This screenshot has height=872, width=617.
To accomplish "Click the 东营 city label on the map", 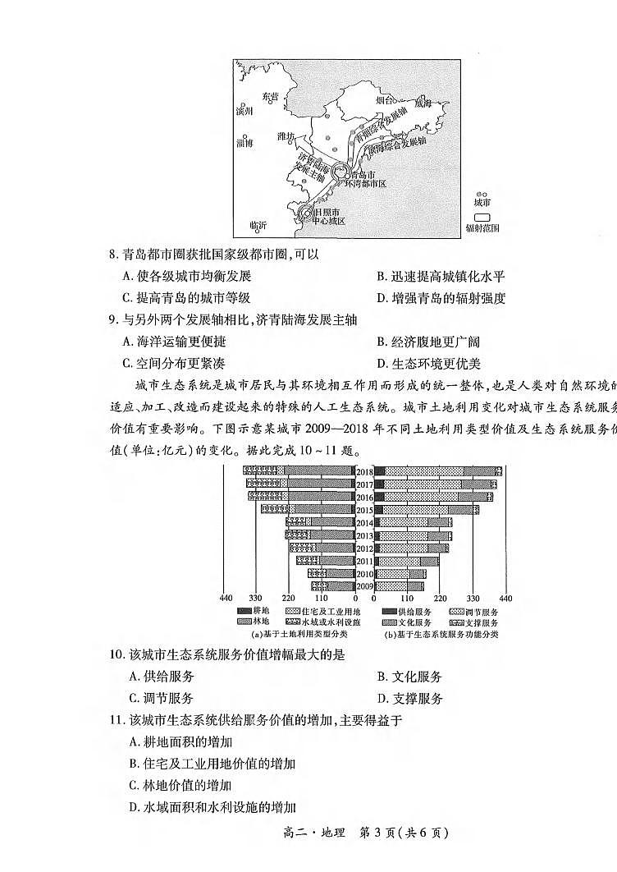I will (270, 96).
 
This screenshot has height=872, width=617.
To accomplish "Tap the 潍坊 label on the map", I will (286, 135).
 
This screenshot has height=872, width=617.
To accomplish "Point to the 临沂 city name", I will (258, 225).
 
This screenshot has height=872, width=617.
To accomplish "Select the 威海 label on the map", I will (422, 103).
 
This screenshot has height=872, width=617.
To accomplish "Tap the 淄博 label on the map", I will (245, 143).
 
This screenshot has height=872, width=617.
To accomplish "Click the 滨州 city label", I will (245, 111).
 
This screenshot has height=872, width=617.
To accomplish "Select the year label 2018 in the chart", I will (364, 472).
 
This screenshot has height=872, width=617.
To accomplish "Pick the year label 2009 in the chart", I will (364, 586).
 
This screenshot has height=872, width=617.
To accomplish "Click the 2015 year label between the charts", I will (364, 510).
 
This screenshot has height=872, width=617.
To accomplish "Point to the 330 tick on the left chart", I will (256, 599).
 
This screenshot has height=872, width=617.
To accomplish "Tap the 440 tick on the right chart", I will (505, 599).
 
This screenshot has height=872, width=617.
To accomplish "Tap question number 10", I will (116, 654).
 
